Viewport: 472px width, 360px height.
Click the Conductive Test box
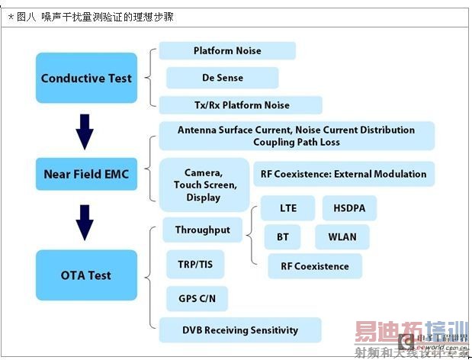pyautogui.click(x=86, y=78)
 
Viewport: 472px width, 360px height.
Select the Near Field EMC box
pyautogui.click(x=86, y=175)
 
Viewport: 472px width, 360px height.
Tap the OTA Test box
pyautogui.click(x=86, y=275)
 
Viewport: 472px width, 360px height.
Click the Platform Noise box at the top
pyautogui.click(x=227, y=51)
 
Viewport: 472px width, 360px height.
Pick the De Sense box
pyautogui.click(x=223, y=78)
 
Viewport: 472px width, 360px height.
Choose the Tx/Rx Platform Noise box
pyautogui.click(x=240, y=104)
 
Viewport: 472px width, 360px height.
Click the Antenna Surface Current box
pyautogui.click(x=297, y=136)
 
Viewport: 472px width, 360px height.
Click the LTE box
pyautogui.click(x=288, y=207)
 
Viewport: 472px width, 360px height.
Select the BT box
pyautogui.click(x=282, y=237)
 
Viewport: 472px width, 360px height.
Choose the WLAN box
pyautogui.click(x=342, y=237)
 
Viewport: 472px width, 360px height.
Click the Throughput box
pyautogui.click(x=203, y=230)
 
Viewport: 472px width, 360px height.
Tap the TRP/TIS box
pyautogui.click(x=195, y=265)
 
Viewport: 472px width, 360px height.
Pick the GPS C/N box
pyautogui.click(x=197, y=298)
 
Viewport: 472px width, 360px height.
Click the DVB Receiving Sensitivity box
pyautogui.click(x=240, y=330)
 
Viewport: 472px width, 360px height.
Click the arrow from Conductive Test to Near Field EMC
pyautogui.click(x=85, y=131)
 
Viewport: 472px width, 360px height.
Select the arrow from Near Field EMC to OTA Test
pyautogui.click(x=85, y=222)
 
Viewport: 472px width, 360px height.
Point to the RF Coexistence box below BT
pyautogui.click(x=315, y=266)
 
